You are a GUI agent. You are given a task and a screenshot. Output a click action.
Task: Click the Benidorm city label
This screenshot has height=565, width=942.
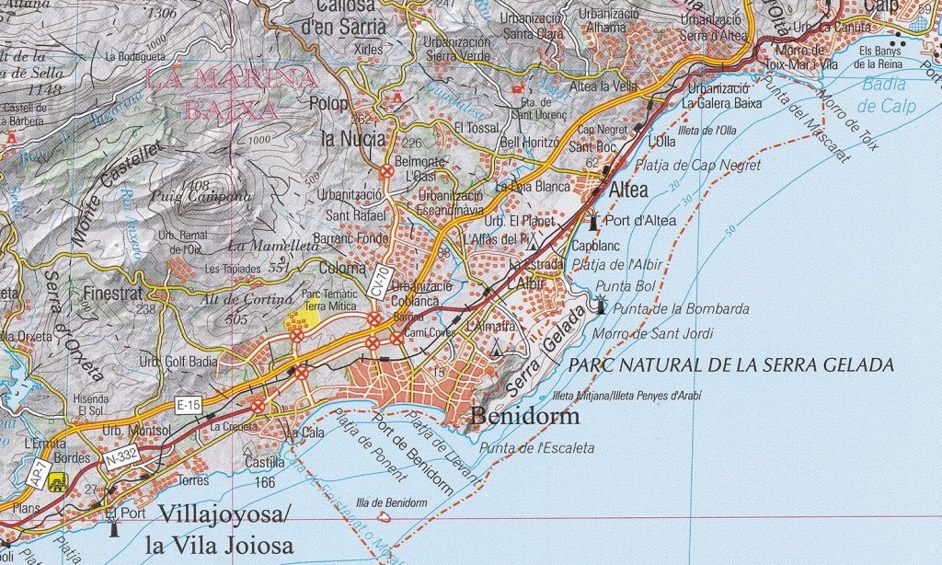click(x=525, y=417)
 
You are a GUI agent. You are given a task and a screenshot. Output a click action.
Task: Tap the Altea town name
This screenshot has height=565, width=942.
click(x=628, y=190)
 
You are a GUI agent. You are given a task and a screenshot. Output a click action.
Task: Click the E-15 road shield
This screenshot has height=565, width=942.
click(x=189, y=403)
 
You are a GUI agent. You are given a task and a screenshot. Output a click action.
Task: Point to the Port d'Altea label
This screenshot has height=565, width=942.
click(x=641, y=221)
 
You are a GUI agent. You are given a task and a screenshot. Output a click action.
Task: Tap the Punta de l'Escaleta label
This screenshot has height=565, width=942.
click(x=537, y=448)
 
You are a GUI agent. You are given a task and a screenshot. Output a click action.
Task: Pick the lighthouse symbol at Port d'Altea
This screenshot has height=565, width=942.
click(x=594, y=221)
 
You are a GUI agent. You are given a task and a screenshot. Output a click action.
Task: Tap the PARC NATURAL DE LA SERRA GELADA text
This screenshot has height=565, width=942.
click(x=730, y=365)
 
